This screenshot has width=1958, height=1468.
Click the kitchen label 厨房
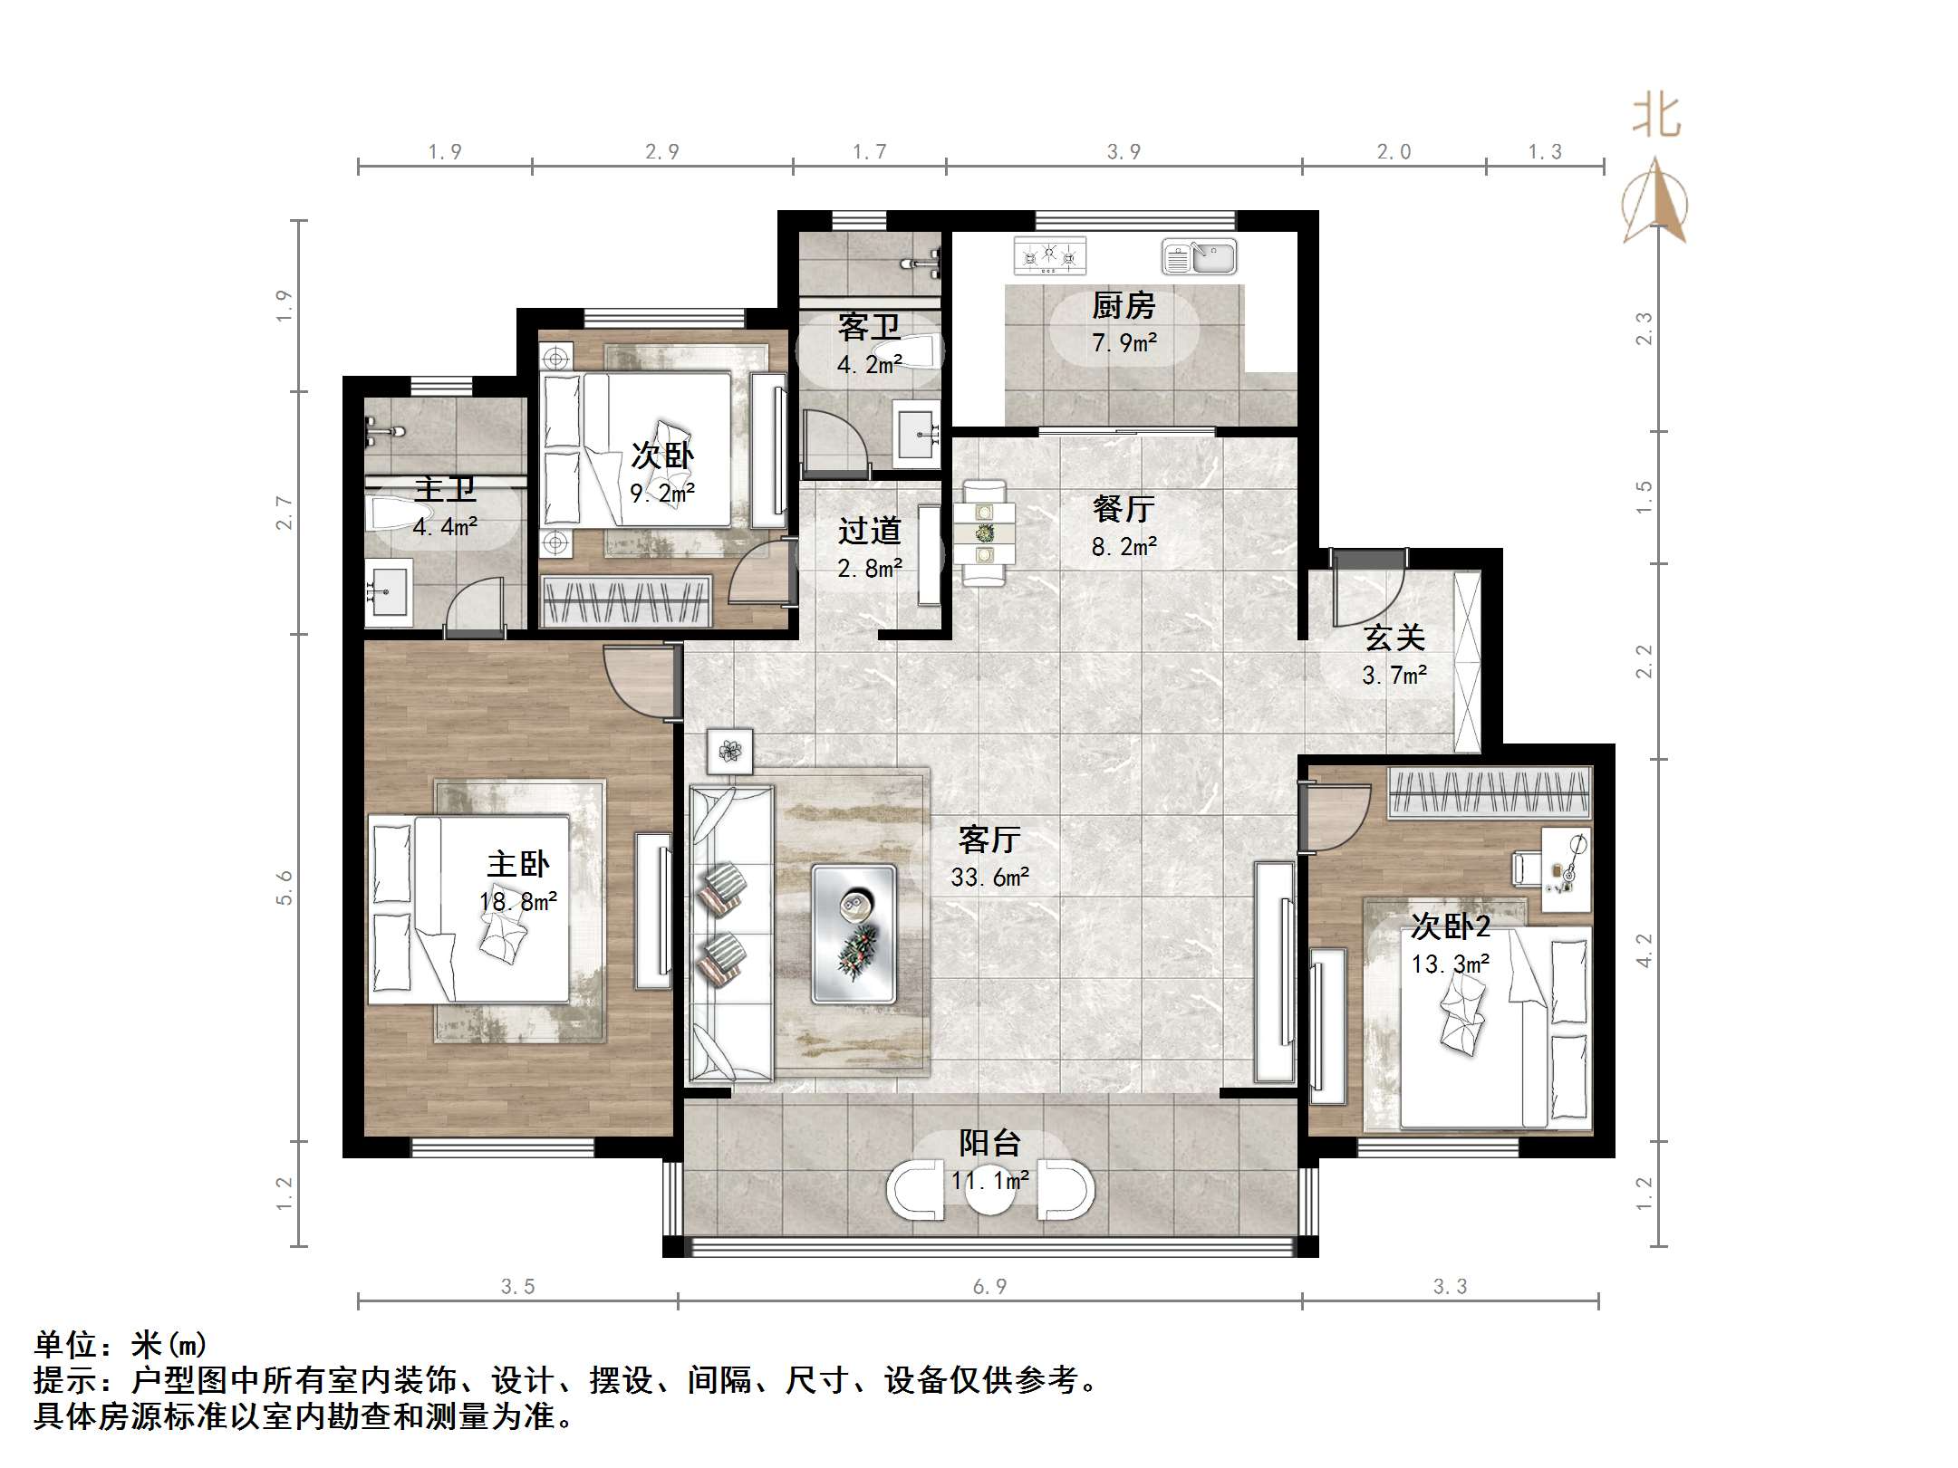pos(1123,306)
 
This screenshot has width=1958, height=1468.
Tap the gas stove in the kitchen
pos(1049,255)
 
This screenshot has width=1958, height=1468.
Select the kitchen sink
pos(1199,257)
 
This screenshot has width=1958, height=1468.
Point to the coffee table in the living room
pos(854,934)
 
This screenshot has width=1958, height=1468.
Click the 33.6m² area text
pos(989,877)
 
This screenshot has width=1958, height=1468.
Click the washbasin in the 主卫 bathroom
pos(389,591)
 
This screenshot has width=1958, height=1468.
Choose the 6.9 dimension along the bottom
pos(989,1286)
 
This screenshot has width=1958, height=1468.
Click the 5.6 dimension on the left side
pos(285,888)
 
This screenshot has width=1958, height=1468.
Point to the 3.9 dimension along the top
pos(1124,152)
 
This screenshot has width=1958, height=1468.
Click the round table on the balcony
pos(990,1190)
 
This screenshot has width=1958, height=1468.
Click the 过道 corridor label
pos(869,531)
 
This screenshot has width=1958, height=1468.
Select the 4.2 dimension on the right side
pos(1645,950)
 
